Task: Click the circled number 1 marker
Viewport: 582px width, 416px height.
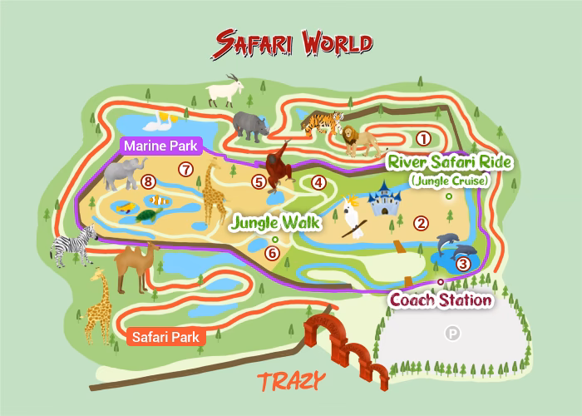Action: (x=423, y=138)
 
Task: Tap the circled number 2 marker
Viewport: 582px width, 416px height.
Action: (x=422, y=222)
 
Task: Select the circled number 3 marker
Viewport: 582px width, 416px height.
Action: (x=464, y=264)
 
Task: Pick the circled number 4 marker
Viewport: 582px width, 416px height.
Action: (x=318, y=182)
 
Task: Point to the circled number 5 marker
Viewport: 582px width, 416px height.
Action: (x=259, y=181)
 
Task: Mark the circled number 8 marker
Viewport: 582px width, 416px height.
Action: (x=149, y=181)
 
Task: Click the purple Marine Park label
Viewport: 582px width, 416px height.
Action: (x=160, y=146)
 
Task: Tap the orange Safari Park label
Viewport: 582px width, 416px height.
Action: (x=165, y=337)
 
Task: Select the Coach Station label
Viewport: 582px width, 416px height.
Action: (x=441, y=300)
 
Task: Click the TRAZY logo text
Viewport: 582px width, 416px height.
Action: (x=291, y=382)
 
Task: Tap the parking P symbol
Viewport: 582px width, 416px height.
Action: (x=453, y=334)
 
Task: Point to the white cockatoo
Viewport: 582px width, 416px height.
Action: (x=357, y=217)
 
